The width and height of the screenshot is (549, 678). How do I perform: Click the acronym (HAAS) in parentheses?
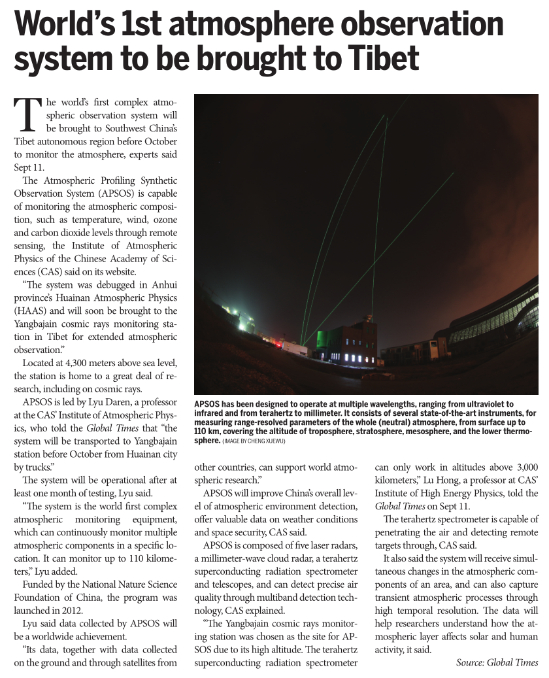point(31,311)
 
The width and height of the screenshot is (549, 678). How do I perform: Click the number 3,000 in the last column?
point(523,467)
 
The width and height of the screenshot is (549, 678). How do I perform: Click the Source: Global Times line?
point(497,662)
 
